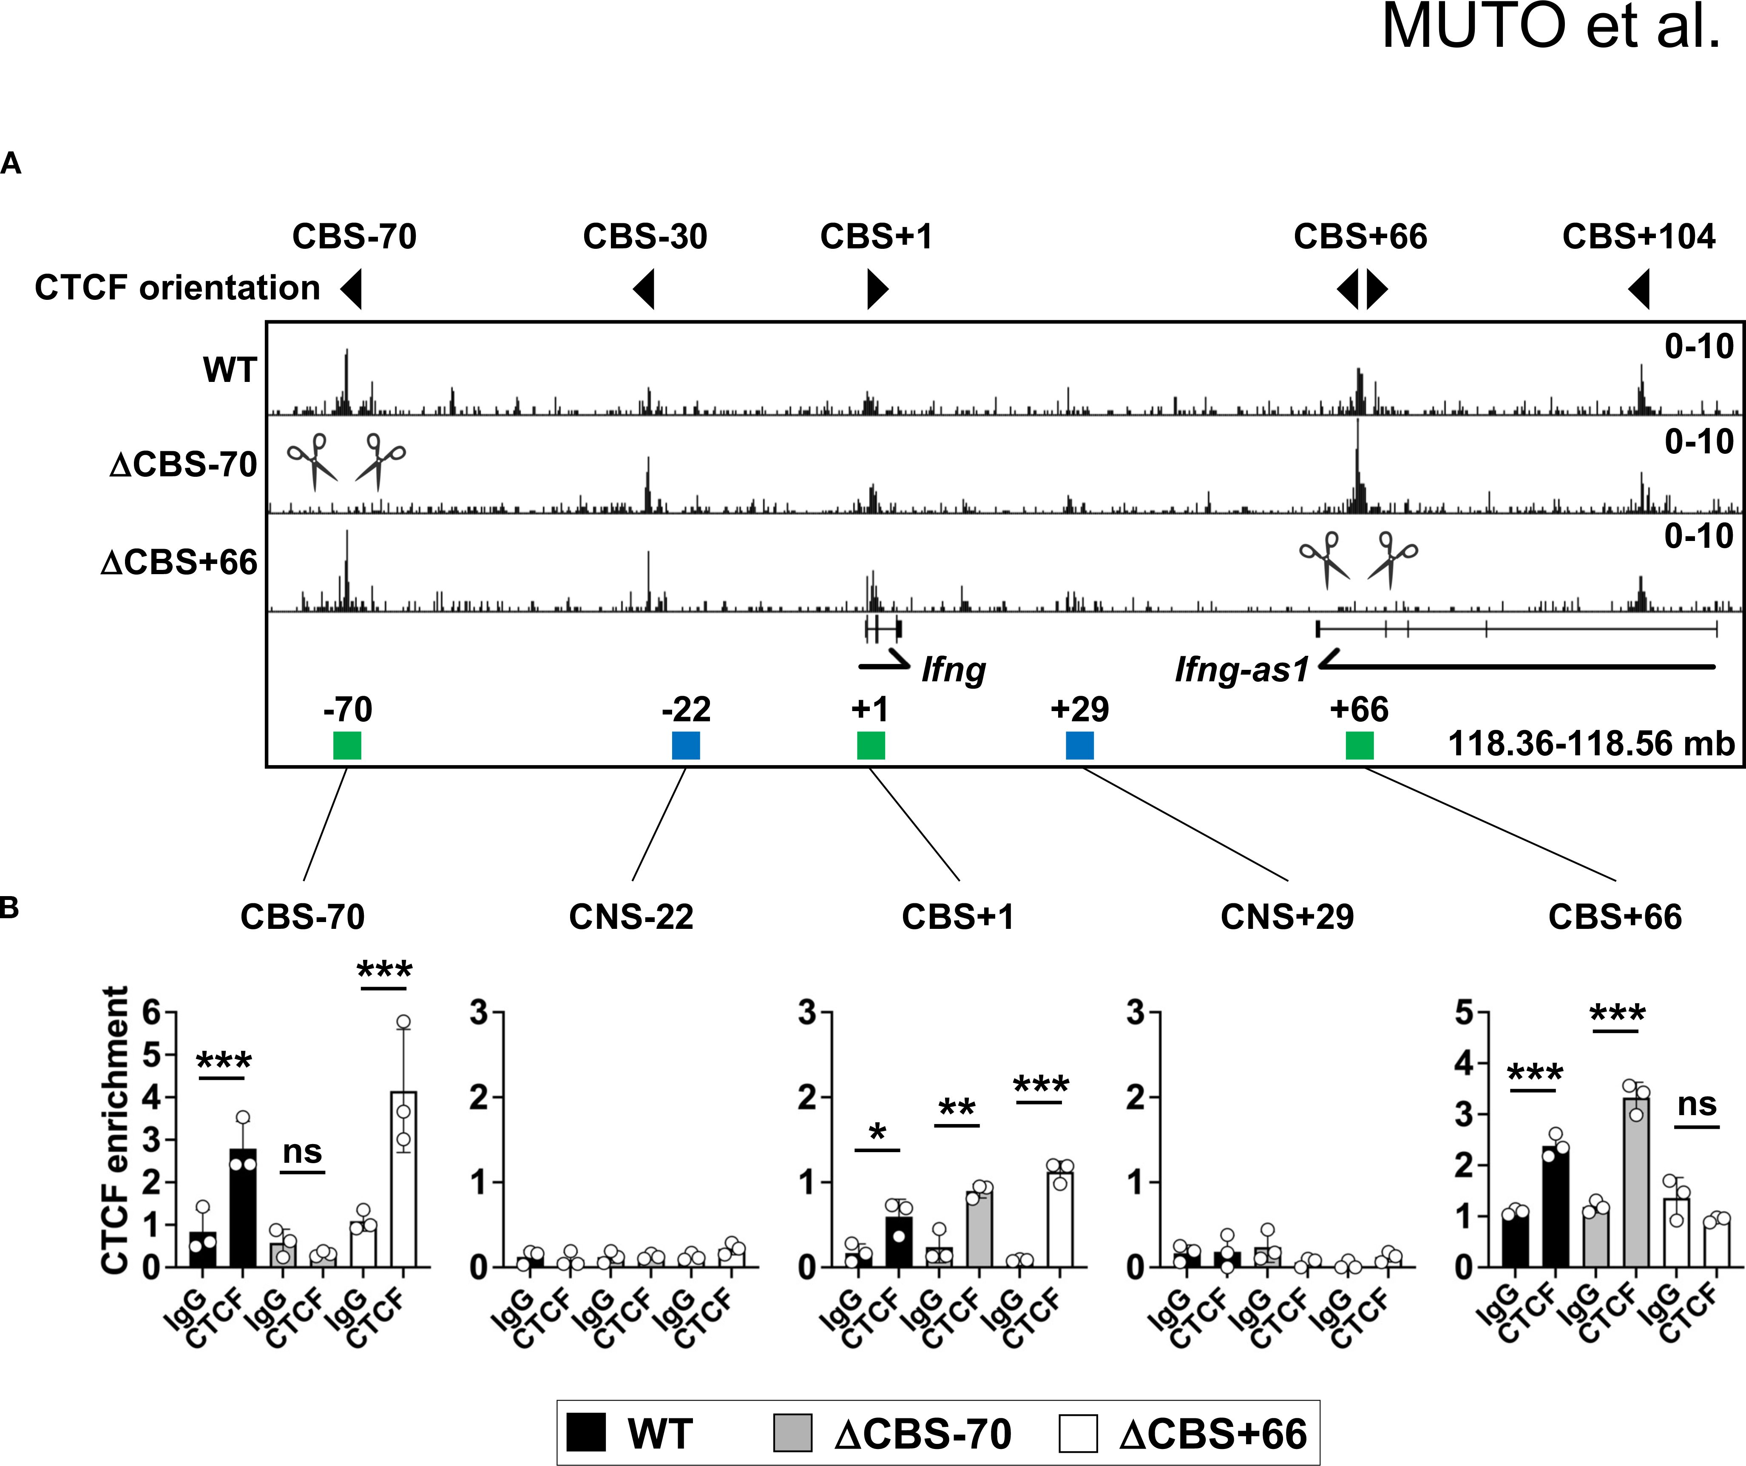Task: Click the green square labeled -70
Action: click(x=347, y=745)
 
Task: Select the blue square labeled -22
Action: click(x=686, y=745)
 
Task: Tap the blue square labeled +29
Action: click(x=1079, y=745)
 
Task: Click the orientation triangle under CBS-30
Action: click(x=645, y=289)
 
